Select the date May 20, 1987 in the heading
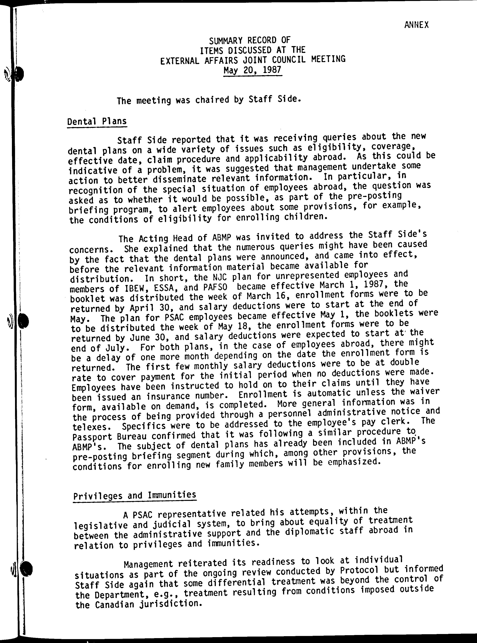(252, 70)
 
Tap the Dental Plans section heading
(97, 121)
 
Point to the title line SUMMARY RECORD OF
(250, 40)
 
